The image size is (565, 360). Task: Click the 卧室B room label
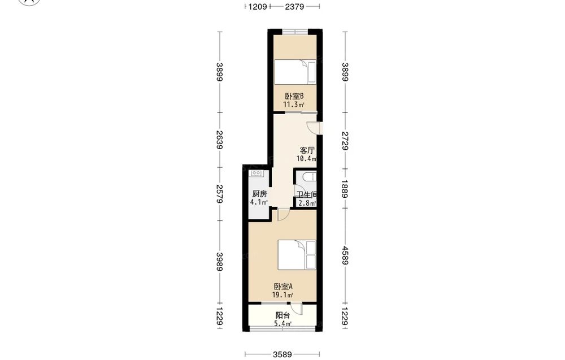[294, 96]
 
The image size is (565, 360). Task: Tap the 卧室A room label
[283, 287]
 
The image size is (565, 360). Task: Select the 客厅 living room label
[307, 150]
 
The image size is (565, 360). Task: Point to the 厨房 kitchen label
[259, 194]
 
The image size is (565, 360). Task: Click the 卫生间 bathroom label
[307, 194]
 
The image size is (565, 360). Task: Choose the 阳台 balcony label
[282, 315]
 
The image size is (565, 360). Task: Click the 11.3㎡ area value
[294, 105]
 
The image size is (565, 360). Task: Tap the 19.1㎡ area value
[282, 295]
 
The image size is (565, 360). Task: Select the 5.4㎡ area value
[283, 324]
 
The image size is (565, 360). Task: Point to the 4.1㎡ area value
[259, 202]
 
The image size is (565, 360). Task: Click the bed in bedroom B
[295, 72]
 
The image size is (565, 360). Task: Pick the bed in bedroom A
[297, 255]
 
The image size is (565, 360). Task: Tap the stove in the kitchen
[257, 174]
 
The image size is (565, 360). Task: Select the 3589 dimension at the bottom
[282, 354]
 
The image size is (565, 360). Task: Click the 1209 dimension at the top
[258, 6]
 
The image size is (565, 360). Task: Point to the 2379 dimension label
[295, 6]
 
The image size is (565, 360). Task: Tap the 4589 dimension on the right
[345, 255]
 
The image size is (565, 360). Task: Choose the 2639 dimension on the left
[219, 140]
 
